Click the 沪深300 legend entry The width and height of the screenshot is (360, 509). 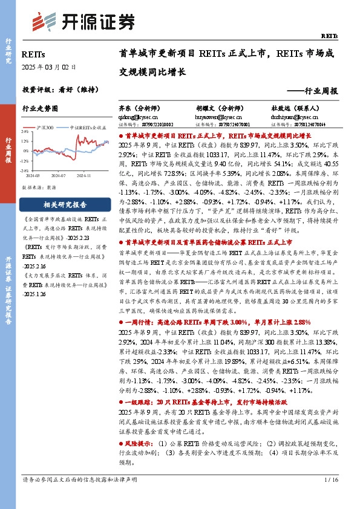click(x=46, y=128)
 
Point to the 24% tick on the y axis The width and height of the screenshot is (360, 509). click(x=27, y=132)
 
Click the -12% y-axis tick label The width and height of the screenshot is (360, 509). click(x=25, y=161)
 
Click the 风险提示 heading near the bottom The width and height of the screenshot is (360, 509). click(x=140, y=443)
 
